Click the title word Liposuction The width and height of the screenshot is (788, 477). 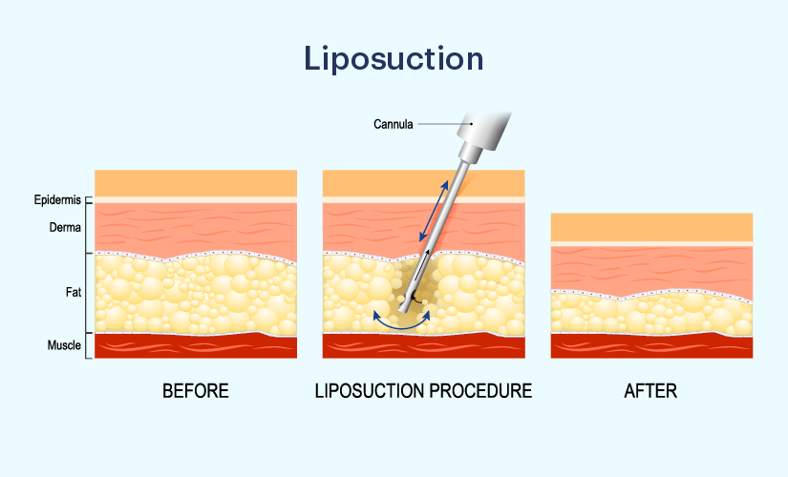[394, 59]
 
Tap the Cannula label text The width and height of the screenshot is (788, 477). [393, 124]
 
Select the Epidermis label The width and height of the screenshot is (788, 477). [57, 199]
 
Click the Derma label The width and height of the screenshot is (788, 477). [65, 227]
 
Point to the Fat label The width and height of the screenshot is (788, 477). [74, 292]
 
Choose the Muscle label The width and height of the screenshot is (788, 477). [64, 345]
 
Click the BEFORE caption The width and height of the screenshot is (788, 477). [196, 390]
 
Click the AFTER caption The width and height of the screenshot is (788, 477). [650, 390]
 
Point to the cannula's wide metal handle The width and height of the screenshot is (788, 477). [483, 129]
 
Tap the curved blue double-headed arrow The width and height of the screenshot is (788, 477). [401, 328]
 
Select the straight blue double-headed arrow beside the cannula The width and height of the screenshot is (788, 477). [435, 211]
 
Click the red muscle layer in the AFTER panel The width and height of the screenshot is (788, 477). [651, 346]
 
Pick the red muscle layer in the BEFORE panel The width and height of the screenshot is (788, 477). [196, 346]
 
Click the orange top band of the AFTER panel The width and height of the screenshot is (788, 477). [651, 227]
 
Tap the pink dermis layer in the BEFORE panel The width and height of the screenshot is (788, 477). [196, 228]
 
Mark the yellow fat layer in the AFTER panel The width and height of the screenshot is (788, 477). [651, 315]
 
